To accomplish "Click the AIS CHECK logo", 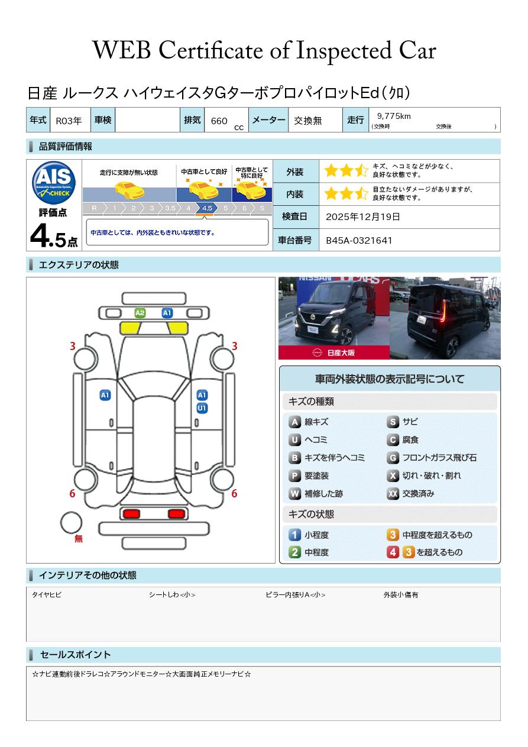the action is (x=54, y=182).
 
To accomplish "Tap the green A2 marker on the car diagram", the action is (x=140, y=313).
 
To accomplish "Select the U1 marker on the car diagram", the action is (x=202, y=408).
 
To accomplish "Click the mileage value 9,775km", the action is (x=394, y=116).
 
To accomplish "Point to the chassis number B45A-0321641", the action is (x=359, y=240).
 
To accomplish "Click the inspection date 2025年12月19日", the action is (x=362, y=216).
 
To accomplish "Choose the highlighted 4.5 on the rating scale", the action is (x=207, y=208).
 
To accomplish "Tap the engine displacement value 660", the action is (x=219, y=121).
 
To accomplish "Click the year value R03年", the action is (x=69, y=121).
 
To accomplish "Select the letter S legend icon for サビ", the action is (x=393, y=422).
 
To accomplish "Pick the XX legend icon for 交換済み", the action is (x=393, y=493).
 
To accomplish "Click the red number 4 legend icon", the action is (x=393, y=552).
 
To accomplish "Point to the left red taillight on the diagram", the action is (x=131, y=514).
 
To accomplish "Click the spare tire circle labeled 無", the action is (x=71, y=522).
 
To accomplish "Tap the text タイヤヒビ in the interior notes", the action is (x=47, y=594).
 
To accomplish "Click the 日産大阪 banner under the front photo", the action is (x=333, y=353).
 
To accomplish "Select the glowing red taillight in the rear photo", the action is (x=443, y=311).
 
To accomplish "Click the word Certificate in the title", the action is (x=210, y=51).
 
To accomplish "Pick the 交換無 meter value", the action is (x=307, y=121).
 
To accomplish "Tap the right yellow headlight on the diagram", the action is (x=177, y=328).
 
